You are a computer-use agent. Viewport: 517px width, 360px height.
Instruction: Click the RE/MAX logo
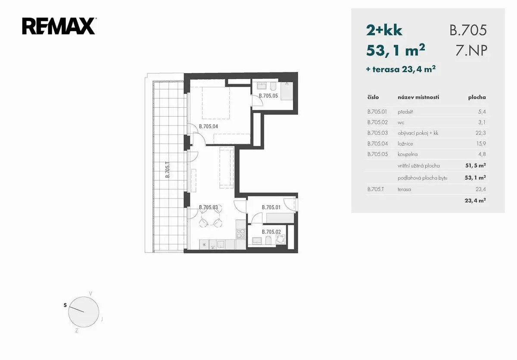[59, 26]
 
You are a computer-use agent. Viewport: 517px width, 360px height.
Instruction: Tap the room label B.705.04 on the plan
[209, 126]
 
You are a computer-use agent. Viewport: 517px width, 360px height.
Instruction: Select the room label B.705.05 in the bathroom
[268, 96]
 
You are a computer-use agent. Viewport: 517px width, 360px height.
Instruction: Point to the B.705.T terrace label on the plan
[168, 170]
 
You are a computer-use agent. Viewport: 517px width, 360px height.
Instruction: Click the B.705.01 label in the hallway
[271, 207]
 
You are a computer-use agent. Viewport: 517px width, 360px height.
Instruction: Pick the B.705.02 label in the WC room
[271, 232]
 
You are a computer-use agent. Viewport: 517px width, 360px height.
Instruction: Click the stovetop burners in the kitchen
[241, 234]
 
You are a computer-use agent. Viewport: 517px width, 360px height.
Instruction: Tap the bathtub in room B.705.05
[287, 91]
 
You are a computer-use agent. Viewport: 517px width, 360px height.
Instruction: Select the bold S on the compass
[65, 305]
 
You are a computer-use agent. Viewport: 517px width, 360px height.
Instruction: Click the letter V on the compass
[91, 294]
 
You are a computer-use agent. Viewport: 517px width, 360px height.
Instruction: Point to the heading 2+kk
[384, 30]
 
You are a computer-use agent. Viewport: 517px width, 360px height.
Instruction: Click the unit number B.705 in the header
[468, 30]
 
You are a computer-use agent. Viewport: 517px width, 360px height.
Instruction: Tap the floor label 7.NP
[471, 50]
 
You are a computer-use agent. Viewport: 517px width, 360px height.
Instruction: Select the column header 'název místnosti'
[418, 97]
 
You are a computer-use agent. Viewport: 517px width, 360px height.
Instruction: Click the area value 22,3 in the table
[481, 133]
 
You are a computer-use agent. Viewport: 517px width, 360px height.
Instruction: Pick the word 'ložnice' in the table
[405, 144]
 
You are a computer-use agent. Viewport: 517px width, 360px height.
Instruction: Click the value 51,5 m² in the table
[476, 165]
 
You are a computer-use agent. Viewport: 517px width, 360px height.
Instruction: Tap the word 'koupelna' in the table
[408, 154]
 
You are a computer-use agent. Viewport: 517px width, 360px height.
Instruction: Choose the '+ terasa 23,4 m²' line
[401, 69]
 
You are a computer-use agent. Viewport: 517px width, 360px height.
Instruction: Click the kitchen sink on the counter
[221, 244]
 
